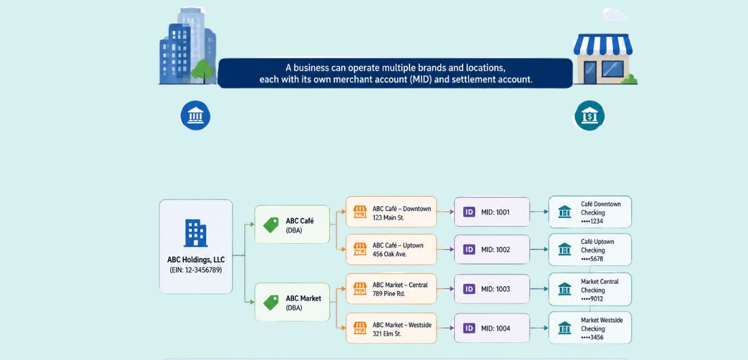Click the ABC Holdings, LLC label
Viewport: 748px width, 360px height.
pyautogui.click(x=196, y=260)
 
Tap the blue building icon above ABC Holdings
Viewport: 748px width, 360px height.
pyautogui.click(x=196, y=233)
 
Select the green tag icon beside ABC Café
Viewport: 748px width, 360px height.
pyautogui.click(x=271, y=225)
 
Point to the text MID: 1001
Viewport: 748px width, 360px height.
pyautogui.click(x=495, y=212)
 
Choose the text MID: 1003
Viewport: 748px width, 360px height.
pyautogui.click(x=495, y=289)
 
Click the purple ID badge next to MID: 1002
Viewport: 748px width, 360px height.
pyautogui.click(x=469, y=250)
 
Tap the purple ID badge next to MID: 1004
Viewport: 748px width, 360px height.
pyautogui.click(x=469, y=328)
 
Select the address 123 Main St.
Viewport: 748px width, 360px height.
pyautogui.click(x=389, y=217)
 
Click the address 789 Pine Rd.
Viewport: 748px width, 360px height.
pyautogui.click(x=389, y=294)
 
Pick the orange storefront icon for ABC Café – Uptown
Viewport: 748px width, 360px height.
pyautogui.click(x=359, y=250)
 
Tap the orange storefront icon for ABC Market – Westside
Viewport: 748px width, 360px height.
pyautogui.click(x=359, y=328)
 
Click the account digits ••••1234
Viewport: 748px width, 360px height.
pyautogui.click(x=592, y=221)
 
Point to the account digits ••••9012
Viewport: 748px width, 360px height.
pyautogui.click(x=592, y=299)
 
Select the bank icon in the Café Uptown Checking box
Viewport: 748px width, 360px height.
pyautogui.click(x=565, y=250)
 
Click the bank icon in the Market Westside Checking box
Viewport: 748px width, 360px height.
pyautogui.click(x=565, y=328)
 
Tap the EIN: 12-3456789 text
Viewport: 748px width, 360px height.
pyautogui.click(x=196, y=270)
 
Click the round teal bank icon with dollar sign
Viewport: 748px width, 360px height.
pyautogui.click(x=590, y=116)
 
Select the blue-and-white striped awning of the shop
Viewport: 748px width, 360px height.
pyautogui.click(x=603, y=44)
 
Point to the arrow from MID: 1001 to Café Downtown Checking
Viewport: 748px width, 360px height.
pyautogui.click(x=539, y=212)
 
